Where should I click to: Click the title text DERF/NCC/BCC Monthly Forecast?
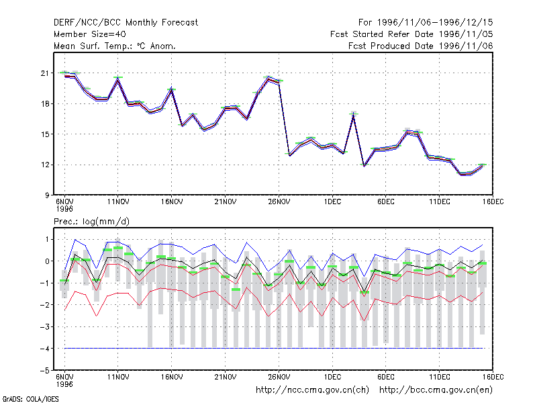coord(126,23)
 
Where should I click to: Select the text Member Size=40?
coord(90,34)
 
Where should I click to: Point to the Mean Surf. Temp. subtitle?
coord(115,46)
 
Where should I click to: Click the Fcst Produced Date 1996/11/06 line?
coord(421,46)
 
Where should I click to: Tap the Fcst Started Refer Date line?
coord(411,34)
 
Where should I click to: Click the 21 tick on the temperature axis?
coord(45,73)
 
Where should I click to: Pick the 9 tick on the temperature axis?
coord(47,195)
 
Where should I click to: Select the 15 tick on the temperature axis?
coord(45,134)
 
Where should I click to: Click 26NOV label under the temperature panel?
coord(279,201)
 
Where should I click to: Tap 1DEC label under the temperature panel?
coord(332,201)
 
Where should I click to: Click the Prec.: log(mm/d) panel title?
coord(91,222)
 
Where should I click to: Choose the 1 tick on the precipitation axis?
coord(47,239)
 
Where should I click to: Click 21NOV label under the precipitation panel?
coord(226,377)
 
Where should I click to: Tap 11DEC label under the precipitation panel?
coord(440,377)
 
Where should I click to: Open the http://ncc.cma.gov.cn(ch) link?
coord(312,390)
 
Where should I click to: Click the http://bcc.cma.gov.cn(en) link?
coord(436,390)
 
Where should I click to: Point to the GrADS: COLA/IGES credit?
coord(30,399)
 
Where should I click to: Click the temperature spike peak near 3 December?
coord(354,114)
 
